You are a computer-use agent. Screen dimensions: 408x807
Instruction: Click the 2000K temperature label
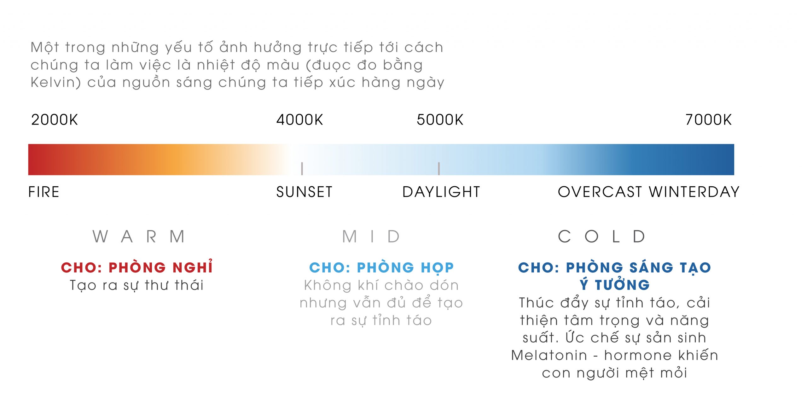tap(54, 120)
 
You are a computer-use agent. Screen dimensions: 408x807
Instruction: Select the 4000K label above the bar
tap(299, 120)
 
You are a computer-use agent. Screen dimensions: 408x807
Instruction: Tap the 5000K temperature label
tap(440, 120)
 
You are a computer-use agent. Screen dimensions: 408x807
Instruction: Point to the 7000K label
tap(708, 120)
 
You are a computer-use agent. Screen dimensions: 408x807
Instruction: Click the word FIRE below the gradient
tap(44, 192)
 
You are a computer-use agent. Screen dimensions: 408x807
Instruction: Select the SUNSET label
tap(304, 192)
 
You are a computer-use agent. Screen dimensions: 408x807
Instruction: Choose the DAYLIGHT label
tap(441, 192)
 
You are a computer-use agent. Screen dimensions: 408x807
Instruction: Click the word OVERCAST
tap(600, 192)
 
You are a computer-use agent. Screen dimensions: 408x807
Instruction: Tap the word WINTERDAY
tap(694, 192)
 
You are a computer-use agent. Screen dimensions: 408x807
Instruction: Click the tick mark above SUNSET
tap(302, 168)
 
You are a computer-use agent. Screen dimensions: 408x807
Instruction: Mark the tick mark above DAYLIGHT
tap(439, 168)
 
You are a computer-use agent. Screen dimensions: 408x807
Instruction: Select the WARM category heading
tap(139, 236)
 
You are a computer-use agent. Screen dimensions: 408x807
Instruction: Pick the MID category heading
tap(371, 236)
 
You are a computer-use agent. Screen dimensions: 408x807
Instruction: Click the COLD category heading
tap(601, 236)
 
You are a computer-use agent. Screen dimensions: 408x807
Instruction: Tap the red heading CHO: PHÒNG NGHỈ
tap(137, 267)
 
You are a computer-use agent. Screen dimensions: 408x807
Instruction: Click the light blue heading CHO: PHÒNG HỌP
tap(381, 268)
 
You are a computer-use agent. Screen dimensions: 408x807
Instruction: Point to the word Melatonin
tap(549, 355)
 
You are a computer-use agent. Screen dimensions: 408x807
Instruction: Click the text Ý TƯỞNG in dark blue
tap(615, 285)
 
